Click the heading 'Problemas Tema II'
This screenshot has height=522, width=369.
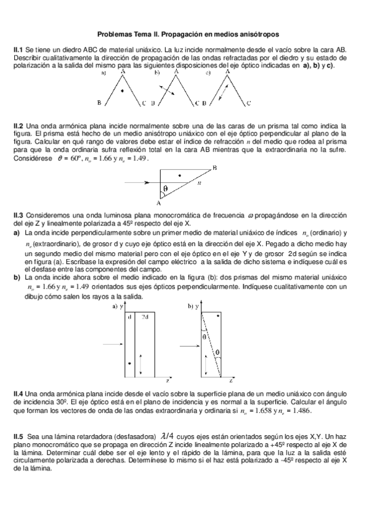[x=184, y=35]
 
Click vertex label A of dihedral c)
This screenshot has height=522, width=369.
[x=228, y=71]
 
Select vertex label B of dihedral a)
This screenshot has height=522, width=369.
[x=99, y=103]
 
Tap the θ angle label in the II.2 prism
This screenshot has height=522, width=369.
[x=166, y=188]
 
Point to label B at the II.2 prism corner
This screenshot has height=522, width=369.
[x=214, y=167]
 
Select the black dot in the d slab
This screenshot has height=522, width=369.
[x=129, y=364]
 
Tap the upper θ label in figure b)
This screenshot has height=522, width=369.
[x=204, y=337]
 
